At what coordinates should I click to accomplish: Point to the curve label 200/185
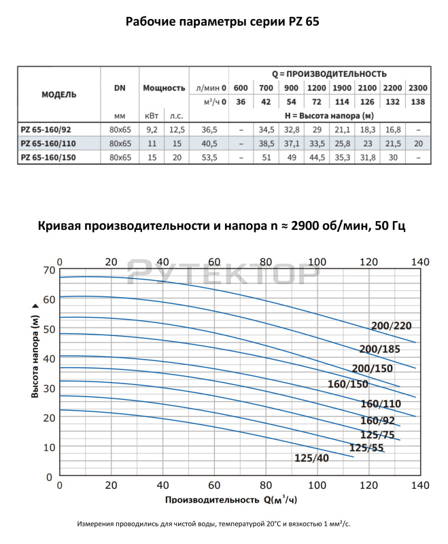(379, 349)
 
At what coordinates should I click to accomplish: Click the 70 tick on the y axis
(48, 270)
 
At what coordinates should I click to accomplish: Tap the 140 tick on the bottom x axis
(421, 486)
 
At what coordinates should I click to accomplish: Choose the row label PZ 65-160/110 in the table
(50, 143)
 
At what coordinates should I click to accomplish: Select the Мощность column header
(164, 88)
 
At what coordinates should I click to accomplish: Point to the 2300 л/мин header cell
(418, 88)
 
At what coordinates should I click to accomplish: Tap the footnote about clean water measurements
(214, 524)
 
